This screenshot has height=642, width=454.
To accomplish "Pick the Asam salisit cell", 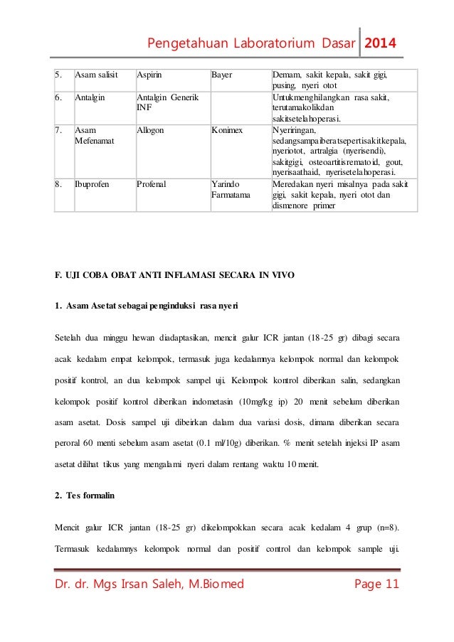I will (x=96, y=73).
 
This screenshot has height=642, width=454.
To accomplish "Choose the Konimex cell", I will (x=227, y=131).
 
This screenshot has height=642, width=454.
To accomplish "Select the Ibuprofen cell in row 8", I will (x=93, y=184).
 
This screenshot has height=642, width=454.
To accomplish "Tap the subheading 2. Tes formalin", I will (x=85, y=496).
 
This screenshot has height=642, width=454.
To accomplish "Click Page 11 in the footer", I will (x=376, y=584).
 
